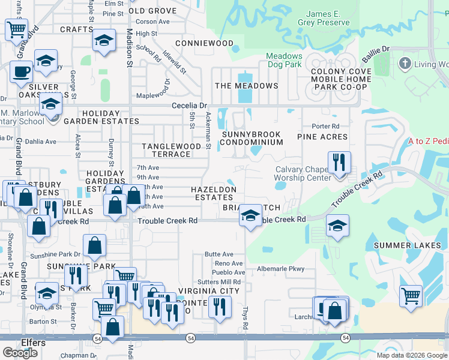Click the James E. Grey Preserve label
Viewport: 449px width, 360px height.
(328, 18)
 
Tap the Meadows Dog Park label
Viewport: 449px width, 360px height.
(293, 61)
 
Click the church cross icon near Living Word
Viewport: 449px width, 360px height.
(405, 64)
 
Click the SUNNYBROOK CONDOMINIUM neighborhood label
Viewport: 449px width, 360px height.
(252, 138)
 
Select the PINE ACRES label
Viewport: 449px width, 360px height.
(322, 137)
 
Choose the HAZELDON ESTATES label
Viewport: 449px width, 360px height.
(214, 193)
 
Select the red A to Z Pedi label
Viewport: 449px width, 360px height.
(428, 142)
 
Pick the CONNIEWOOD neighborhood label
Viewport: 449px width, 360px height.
(204, 43)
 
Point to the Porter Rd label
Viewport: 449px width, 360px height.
(325, 126)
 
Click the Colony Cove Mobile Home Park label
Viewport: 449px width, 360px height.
(340, 79)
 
